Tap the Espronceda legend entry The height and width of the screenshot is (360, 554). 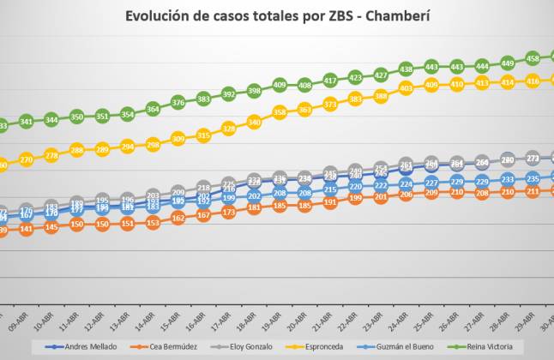[331, 346]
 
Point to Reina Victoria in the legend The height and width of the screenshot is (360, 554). [496, 346]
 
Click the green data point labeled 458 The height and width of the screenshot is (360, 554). [533, 58]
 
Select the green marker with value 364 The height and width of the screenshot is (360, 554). [153, 109]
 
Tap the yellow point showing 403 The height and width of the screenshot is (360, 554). [406, 88]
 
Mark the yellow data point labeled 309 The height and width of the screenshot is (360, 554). [178, 138]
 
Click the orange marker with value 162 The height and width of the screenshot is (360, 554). [178, 218]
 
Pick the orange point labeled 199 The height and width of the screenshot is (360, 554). [355, 198]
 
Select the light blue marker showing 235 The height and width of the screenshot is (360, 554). [533, 178]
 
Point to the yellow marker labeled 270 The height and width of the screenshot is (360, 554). [26, 159]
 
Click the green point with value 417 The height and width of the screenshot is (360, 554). [330, 80]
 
